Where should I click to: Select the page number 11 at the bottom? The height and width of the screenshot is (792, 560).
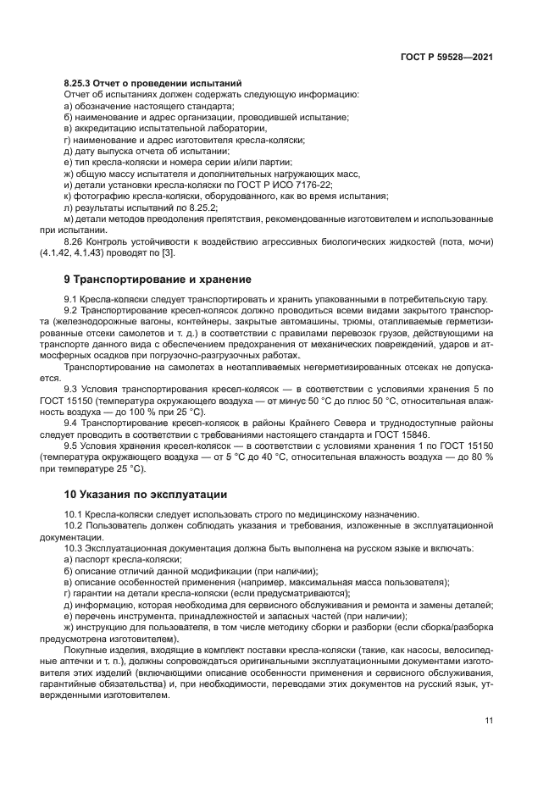(489, 721)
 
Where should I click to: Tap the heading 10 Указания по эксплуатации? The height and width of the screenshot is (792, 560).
(145, 493)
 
